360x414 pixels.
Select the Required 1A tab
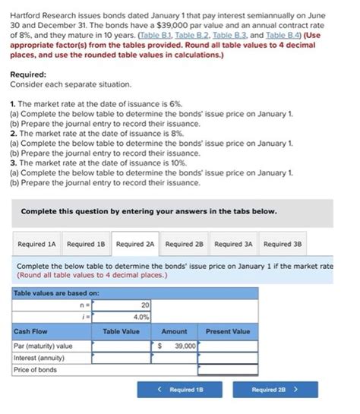pyautogui.click(x=36, y=244)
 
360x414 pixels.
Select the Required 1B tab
pyautogui.click(x=86, y=244)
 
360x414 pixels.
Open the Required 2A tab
pyautogui.click(x=135, y=244)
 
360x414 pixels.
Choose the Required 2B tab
pyautogui.click(x=185, y=244)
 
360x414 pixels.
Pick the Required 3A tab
pyautogui.click(x=234, y=244)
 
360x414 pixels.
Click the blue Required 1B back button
pyautogui.click(x=171, y=390)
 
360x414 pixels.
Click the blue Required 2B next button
pyautogui.click(x=274, y=390)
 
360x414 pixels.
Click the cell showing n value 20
pyautogui.click(x=122, y=304)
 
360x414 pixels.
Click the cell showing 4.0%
pyautogui.click(x=122, y=316)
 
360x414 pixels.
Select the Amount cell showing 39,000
pyautogui.click(x=176, y=345)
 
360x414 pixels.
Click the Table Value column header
pyautogui.click(x=122, y=331)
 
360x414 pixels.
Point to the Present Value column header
pyautogui.click(x=228, y=331)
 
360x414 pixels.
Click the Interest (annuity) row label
pyautogui.click(x=37, y=357)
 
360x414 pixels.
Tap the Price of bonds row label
pyautogui.click(x=35, y=369)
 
